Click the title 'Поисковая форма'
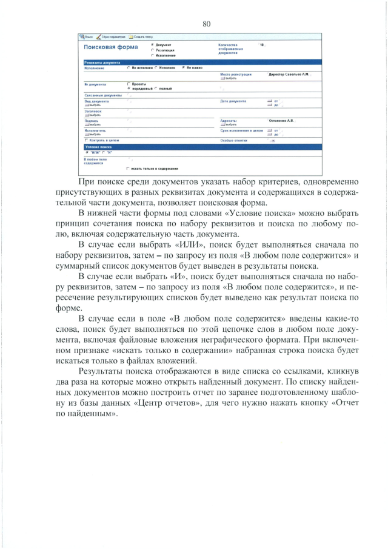coord(110,48)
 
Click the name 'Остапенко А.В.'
coord(281,121)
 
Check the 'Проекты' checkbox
coord(129,84)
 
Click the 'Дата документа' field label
coord(233,101)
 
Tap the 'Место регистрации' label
coord(235,74)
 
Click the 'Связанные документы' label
coord(102,95)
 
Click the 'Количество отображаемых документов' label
coord(232,49)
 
